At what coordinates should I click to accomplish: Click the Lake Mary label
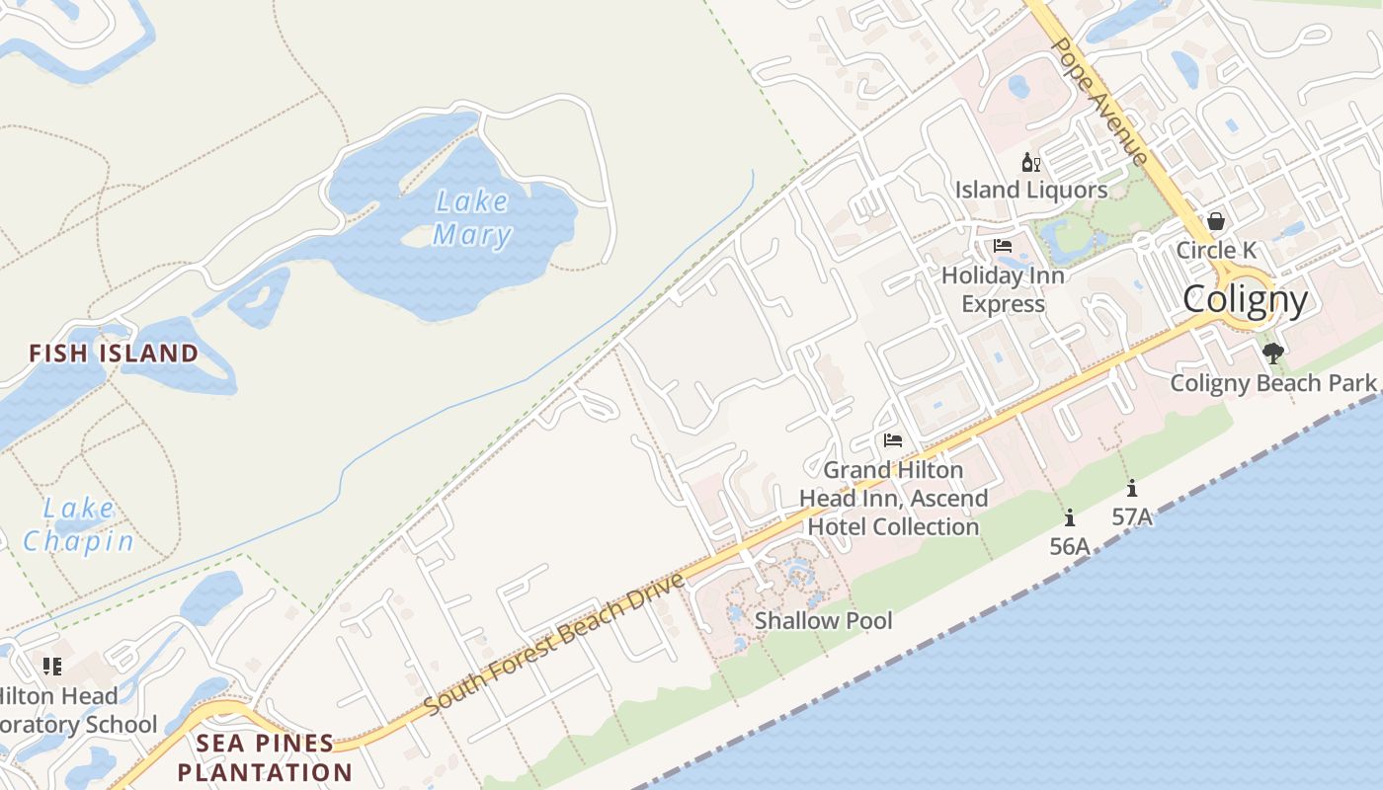click(x=472, y=218)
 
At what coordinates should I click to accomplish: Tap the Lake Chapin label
click(x=79, y=524)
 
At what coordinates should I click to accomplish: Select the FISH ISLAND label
click(x=114, y=353)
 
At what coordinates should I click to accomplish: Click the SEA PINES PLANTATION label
click(x=265, y=757)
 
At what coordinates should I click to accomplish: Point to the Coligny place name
click(x=1245, y=299)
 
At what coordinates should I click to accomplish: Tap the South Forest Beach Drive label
click(x=554, y=644)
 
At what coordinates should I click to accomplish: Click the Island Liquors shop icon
click(x=1030, y=162)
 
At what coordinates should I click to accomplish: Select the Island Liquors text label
click(x=1030, y=189)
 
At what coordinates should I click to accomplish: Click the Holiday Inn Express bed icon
click(x=1003, y=246)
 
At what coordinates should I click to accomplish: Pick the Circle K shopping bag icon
click(x=1215, y=221)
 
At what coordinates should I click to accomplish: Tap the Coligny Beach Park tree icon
click(x=1272, y=353)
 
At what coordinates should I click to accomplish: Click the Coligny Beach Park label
click(x=1272, y=382)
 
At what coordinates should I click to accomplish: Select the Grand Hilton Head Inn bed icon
click(x=893, y=440)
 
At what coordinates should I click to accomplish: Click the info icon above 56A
click(x=1069, y=517)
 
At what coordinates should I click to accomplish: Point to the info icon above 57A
click(x=1131, y=488)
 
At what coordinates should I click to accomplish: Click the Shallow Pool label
click(x=823, y=620)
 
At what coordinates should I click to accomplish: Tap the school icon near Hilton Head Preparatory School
click(x=52, y=667)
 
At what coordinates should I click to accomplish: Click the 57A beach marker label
click(x=1131, y=516)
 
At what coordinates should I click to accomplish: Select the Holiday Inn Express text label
click(x=1003, y=289)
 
